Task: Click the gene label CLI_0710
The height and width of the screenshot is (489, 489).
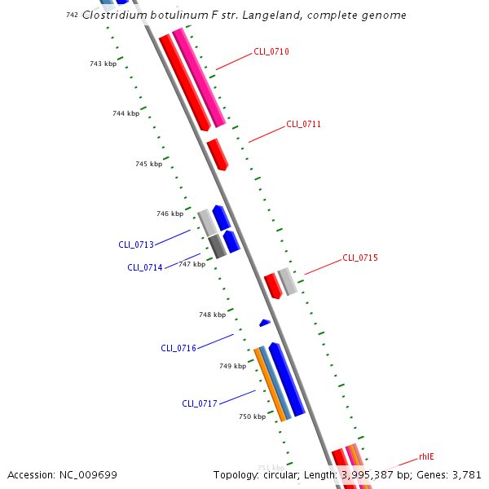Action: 271,51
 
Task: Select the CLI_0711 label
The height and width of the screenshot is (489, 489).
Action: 303,125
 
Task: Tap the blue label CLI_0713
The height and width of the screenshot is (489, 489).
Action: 136,244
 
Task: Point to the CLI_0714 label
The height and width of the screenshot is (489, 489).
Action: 145,267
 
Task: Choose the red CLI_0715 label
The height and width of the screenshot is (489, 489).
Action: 360,258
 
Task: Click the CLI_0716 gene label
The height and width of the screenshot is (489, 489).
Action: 178,348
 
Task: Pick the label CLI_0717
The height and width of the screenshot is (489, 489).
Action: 200,403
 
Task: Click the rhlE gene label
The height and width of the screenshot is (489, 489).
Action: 426,456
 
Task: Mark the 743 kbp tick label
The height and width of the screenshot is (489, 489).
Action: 103,64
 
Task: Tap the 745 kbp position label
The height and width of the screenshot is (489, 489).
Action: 148,164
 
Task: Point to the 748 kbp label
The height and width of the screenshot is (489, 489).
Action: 212,315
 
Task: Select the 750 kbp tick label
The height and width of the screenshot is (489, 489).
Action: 252,416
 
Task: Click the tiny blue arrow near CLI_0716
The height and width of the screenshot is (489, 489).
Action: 264,323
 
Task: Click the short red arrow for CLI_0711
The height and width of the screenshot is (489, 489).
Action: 218,154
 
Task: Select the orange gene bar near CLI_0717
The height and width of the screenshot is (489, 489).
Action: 269,384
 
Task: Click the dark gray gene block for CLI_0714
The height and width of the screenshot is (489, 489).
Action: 218,246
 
